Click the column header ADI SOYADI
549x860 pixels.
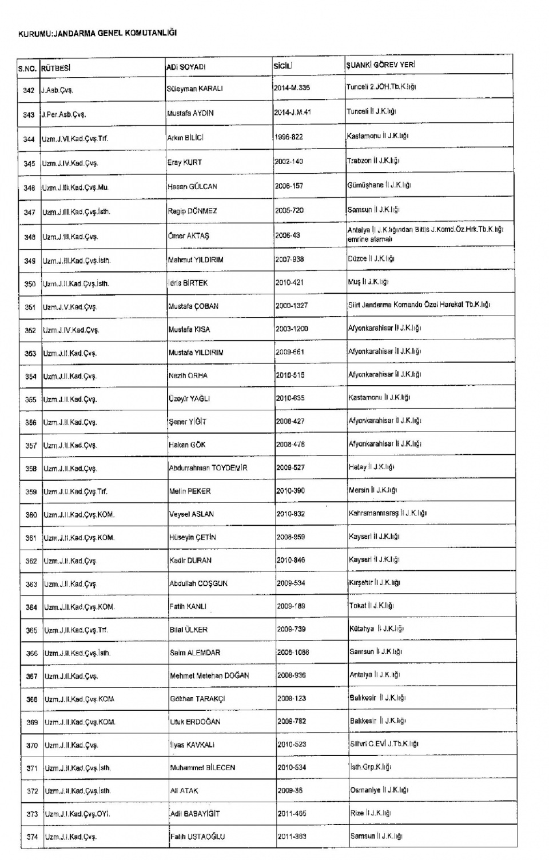pyautogui.click(x=186, y=67)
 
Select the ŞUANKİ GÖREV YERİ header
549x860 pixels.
pyautogui.click(x=380, y=65)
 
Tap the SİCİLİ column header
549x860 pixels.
pyautogui.click(x=283, y=66)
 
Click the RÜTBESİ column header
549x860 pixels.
pyautogui.click(x=55, y=67)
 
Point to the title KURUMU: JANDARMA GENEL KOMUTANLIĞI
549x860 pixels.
pyautogui.click(x=98, y=33)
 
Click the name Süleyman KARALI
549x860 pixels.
pyautogui.click(x=194, y=89)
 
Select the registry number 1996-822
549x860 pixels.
pyautogui.click(x=289, y=137)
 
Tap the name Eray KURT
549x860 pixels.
pyautogui.click(x=184, y=162)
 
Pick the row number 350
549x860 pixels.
pyautogui.click(x=30, y=284)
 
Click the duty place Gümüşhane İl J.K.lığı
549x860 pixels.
pyautogui.click(x=379, y=185)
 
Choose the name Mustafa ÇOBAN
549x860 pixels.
pyautogui.click(x=193, y=306)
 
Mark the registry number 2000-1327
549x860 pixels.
pyautogui.click(x=292, y=306)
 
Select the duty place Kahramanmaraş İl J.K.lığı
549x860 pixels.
pyautogui.click(x=388, y=513)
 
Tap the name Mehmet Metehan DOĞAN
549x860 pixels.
pyautogui.click(x=209, y=675)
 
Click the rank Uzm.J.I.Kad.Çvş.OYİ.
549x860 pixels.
pyautogui.click(x=77, y=814)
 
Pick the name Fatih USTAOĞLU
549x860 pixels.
pyautogui.click(x=197, y=837)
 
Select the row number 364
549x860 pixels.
pyautogui.click(x=31, y=607)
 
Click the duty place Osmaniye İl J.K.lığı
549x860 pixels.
pyautogui.click(x=379, y=790)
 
